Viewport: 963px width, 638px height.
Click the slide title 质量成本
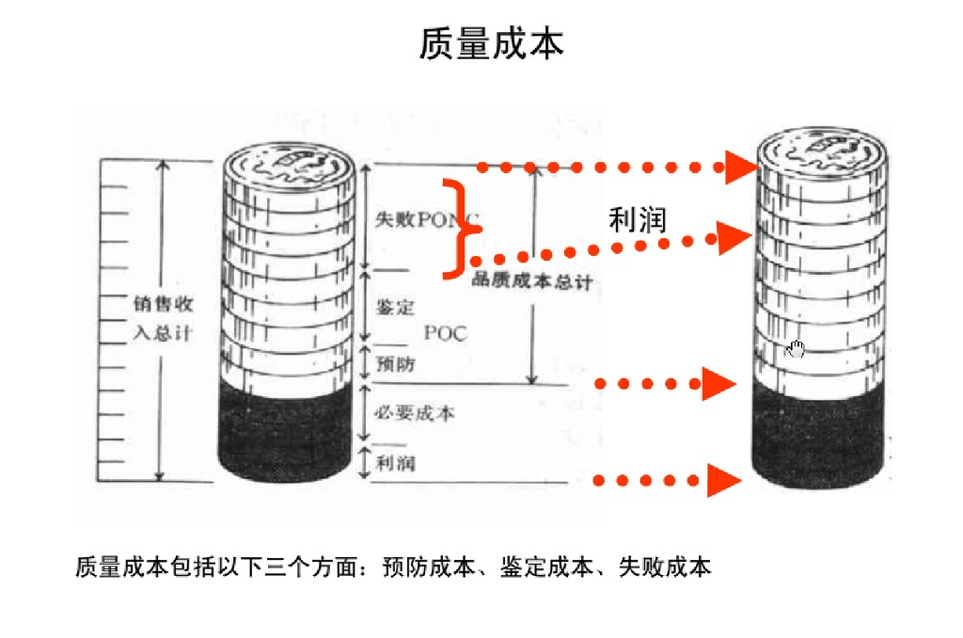(491, 44)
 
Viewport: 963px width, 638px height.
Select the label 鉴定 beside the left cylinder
(395, 307)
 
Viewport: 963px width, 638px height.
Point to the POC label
(445, 333)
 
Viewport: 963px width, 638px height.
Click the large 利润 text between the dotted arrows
(638, 220)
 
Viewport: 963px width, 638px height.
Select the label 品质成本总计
(532, 281)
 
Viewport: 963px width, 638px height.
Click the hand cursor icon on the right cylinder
(797, 349)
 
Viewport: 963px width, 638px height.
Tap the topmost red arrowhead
(741, 167)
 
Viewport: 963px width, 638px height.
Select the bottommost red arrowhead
(722, 480)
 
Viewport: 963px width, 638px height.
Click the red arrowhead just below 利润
(733, 239)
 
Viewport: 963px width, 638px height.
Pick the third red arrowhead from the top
(718, 383)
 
